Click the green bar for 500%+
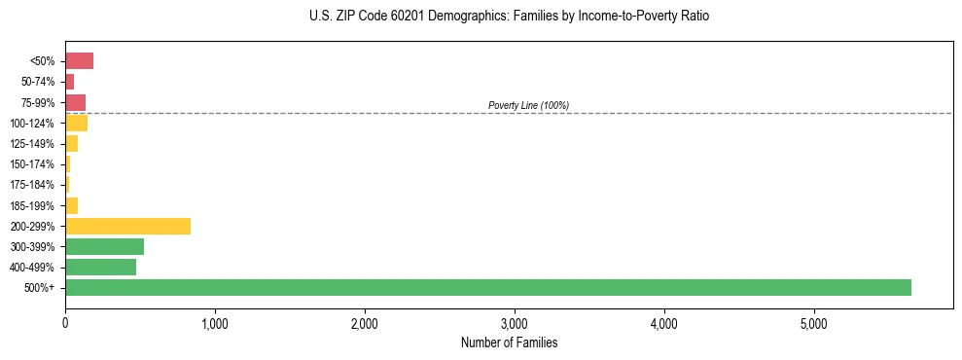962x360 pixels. pos(487,287)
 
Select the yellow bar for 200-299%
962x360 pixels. pos(127,226)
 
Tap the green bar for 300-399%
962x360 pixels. pos(104,246)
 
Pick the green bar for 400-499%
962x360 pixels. pos(100,267)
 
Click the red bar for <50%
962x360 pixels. pos(79,61)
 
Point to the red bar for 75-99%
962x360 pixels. pos(75,102)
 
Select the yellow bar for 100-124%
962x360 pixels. pos(76,123)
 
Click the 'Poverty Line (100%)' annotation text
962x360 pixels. pos(528,105)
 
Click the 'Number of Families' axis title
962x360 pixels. pos(509,342)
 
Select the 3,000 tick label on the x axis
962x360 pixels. pos(515,323)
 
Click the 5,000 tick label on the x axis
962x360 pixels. pos(814,323)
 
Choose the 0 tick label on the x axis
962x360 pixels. pos(65,323)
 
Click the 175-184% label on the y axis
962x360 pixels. pos(32,185)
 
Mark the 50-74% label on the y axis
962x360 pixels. pos(38,82)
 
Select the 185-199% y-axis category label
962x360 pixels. pos(32,205)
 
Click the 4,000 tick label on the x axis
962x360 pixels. pos(664,323)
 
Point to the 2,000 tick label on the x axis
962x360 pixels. pos(365,323)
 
